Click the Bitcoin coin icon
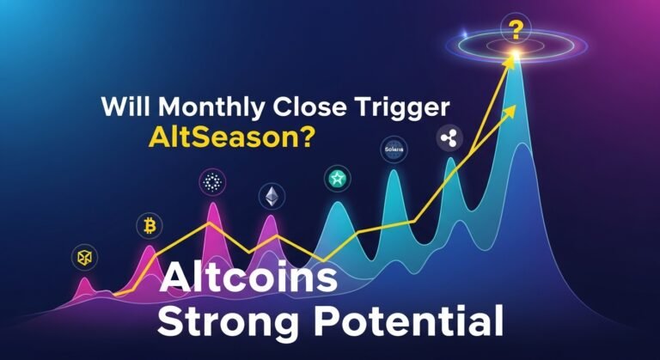point(149,227)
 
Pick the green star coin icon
point(333,179)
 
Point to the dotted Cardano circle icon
point(211,181)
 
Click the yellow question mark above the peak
point(516,32)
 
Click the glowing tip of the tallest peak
point(515,58)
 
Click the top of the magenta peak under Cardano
point(210,206)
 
